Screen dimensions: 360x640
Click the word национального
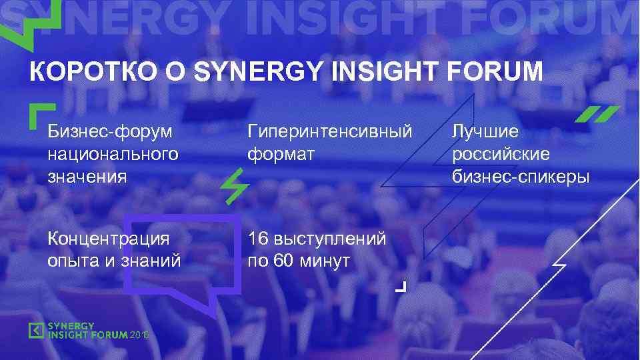click(113, 154)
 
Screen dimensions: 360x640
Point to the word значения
click(87, 177)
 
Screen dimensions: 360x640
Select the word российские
click(501, 154)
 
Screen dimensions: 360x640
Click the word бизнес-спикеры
click(521, 177)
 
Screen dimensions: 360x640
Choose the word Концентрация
click(108, 239)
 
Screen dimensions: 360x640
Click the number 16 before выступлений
click(257, 239)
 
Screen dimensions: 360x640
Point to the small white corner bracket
click(400, 287)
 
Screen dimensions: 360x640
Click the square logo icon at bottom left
click(37, 330)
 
